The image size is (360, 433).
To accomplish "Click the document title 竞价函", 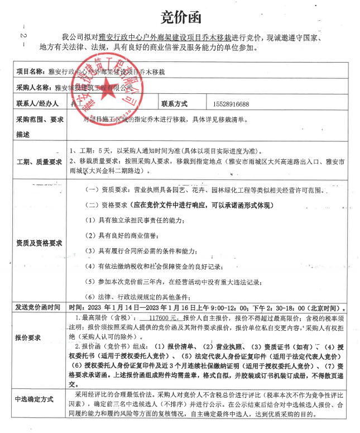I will point(180,16).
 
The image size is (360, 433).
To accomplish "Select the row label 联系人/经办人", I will point(38,104).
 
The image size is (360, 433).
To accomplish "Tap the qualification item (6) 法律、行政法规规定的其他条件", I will point(140,296).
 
